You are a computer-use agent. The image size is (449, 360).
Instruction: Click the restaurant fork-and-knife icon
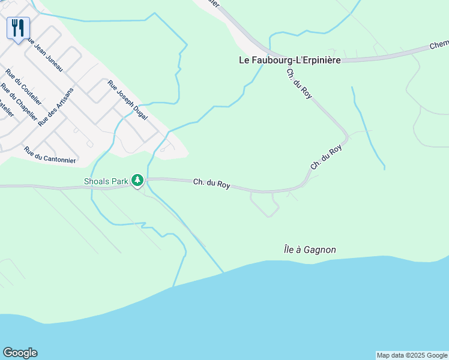[18, 27]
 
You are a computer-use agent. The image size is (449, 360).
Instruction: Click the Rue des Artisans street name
[55, 107]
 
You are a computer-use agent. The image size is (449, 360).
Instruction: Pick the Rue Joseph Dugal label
[127, 100]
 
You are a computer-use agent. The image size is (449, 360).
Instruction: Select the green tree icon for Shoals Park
[138, 180]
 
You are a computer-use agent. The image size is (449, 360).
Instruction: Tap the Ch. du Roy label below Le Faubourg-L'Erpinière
[299, 83]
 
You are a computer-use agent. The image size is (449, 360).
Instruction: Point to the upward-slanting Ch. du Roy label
[326, 157]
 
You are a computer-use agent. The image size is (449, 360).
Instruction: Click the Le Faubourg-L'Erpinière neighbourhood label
[290, 60]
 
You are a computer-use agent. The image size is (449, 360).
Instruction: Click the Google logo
[20, 353]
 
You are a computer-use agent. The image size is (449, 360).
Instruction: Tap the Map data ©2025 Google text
[412, 355]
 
